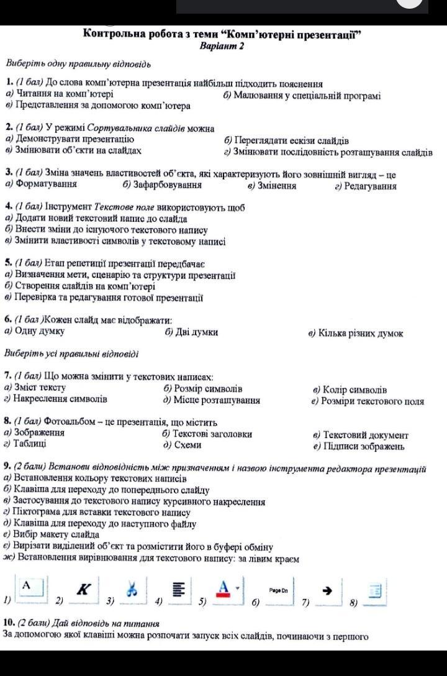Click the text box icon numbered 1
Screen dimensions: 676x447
[x=28, y=586]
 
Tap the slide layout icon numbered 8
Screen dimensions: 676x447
[x=374, y=591]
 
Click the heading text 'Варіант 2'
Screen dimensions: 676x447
[x=223, y=46]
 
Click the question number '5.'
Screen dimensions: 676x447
[x=8, y=262]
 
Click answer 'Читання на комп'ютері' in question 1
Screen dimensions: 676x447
[x=64, y=94]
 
